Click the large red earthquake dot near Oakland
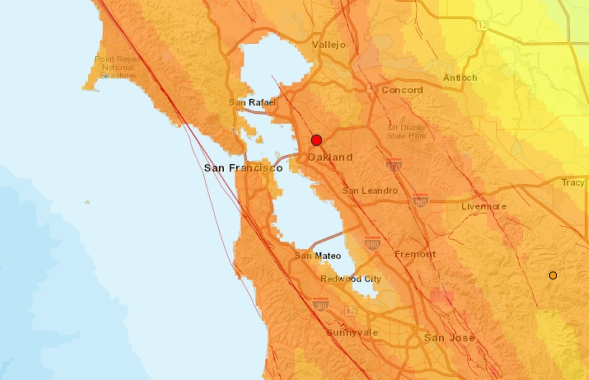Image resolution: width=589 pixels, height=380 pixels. coord(317,140)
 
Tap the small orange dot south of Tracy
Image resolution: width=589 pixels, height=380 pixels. coord(553,275)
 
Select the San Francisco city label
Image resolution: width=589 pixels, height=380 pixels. coord(243,168)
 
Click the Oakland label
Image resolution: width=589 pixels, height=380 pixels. coord(330,157)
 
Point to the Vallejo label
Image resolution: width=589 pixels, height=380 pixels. coord(329,45)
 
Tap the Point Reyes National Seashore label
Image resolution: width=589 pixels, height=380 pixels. coord(118,67)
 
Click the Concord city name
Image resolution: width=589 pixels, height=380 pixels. coord(402,90)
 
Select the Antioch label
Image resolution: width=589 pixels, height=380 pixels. coord(460,78)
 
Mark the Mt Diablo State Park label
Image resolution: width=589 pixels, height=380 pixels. coord(406,131)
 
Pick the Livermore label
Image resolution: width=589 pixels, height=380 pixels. coord(483,206)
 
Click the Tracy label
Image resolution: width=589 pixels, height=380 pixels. coord(573,183)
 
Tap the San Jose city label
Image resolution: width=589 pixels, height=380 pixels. coord(449,338)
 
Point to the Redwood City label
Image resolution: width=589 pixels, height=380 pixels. coord(350,279)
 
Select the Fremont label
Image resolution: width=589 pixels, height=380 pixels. coord(415,254)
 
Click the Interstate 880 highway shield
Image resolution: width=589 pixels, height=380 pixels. coord(373,243)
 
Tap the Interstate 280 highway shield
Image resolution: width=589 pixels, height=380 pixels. coord(320,304)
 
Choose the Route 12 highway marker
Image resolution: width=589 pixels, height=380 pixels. coord(482,26)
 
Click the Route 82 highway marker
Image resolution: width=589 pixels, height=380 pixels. coord(349,310)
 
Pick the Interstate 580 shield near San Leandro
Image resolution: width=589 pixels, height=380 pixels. coord(420,200)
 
